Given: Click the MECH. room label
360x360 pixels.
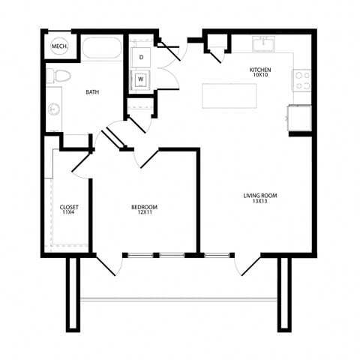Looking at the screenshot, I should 58,48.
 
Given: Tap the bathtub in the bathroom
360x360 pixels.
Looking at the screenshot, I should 102,48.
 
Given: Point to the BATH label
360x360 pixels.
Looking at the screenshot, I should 92,92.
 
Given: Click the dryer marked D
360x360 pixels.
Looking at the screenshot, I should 141,57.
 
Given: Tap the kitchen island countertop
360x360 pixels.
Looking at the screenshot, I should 229,96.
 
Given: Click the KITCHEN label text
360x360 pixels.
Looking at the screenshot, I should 260,69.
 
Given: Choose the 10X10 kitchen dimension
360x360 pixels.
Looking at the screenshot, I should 260,75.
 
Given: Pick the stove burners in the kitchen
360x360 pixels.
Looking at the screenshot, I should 303,76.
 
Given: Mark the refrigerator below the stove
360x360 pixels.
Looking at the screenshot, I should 298,116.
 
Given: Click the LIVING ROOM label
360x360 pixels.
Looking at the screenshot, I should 260,196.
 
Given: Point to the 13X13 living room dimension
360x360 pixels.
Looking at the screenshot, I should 260,202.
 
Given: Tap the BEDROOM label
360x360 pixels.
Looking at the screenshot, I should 144,207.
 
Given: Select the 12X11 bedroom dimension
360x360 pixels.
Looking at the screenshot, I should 144,214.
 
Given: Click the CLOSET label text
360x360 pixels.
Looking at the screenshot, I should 69,207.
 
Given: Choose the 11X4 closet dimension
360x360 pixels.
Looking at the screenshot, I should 69,214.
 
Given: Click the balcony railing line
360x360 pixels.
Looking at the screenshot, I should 180,299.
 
